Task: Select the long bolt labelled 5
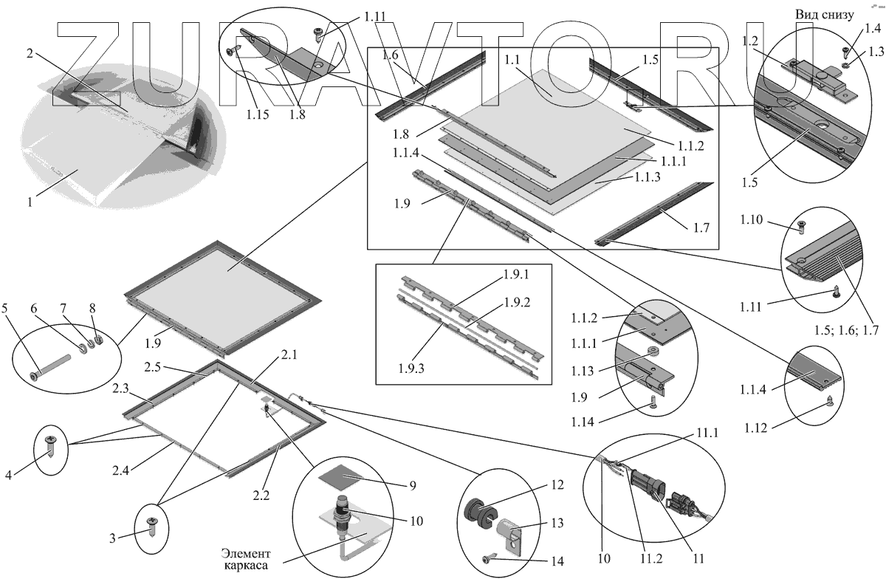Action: (52, 367)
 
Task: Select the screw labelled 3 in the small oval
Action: (152, 527)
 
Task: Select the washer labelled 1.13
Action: (653, 351)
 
